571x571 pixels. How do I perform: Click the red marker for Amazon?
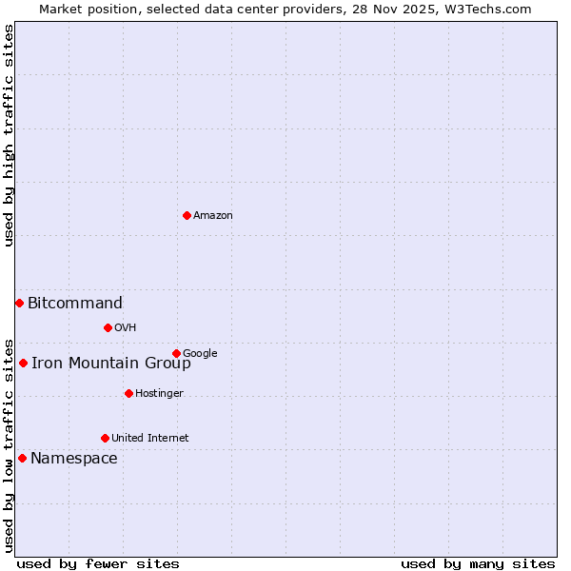coord(187,215)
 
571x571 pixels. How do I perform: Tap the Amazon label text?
coord(213,216)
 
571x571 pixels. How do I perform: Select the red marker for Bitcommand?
coord(19,303)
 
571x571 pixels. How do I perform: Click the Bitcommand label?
coord(75,304)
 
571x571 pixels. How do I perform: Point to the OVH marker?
coord(108,327)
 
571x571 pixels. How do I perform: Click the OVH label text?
coord(126,328)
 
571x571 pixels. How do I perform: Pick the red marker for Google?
coord(176,353)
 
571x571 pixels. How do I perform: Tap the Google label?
coord(200,354)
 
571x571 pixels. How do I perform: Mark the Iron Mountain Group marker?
coord(23,363)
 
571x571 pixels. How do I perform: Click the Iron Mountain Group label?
coord(111,363)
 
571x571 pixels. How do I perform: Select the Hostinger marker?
coord(128,393)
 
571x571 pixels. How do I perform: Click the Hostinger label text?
coord(159,394)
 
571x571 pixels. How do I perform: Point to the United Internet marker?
coord(105,438)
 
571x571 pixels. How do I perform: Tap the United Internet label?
coord(149,439)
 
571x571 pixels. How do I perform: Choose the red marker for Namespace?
coord(22,458)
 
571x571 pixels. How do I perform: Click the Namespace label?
coord(74,459)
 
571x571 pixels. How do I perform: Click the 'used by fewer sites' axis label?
coord(98,563)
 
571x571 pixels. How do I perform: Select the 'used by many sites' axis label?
coord(478,563)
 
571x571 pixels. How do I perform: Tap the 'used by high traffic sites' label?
coord(10,135)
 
